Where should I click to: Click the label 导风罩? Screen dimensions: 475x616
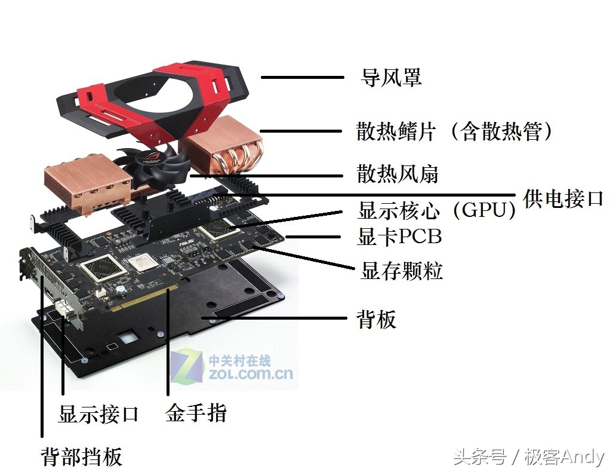(392, 77)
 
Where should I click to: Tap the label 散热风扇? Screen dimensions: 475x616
(398, 174)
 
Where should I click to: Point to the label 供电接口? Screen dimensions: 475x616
(563, 198)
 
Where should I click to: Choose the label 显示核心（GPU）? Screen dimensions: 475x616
(436, 211)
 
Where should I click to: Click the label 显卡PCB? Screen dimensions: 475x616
(399, 237)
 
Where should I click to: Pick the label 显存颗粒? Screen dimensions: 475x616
(402, 271)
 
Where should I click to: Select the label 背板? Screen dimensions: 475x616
(377, 320)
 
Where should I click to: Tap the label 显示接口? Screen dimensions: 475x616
(98, 413)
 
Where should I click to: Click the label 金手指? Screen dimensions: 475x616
(196, 413)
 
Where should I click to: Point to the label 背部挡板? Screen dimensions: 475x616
(82, 456)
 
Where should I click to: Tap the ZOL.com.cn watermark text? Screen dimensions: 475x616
(251, 374)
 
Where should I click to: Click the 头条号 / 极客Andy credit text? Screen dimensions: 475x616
(528, 458)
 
